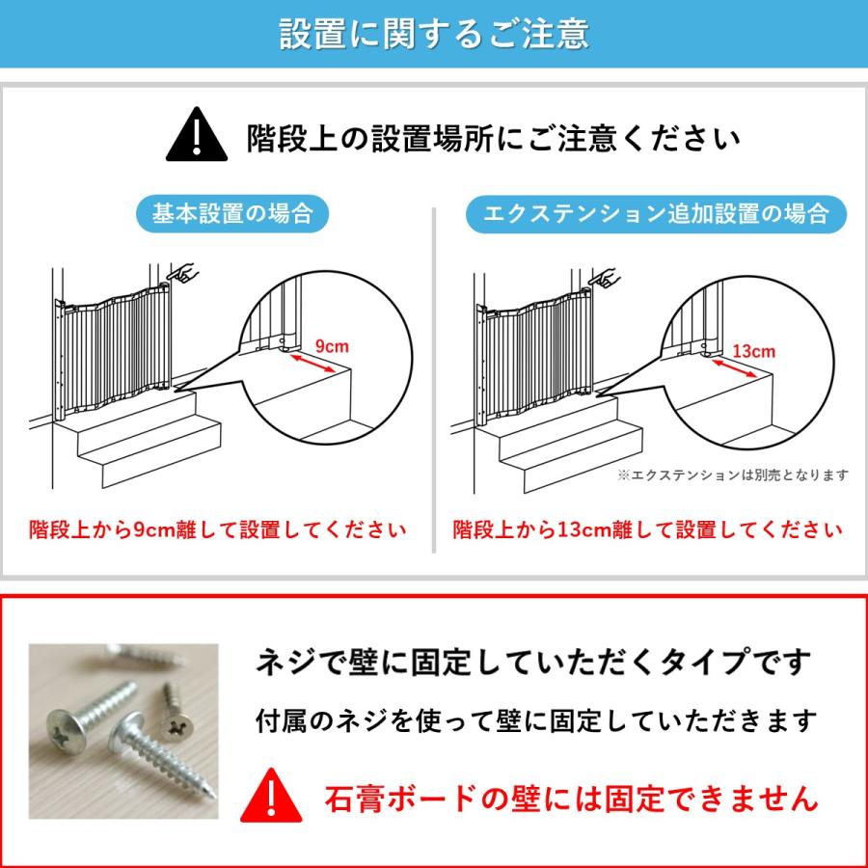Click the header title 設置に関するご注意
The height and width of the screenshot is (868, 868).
(x=434, y=34)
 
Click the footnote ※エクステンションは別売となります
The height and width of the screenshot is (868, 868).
(x=733, y=475)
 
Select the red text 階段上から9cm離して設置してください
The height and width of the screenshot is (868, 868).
(x=217, y=529)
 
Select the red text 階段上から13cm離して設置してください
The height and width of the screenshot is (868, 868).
(x=647, y=529)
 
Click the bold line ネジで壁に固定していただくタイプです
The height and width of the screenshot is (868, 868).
(x=532, y=662)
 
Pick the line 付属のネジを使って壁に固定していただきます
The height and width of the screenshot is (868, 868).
(x=536, y=719)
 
